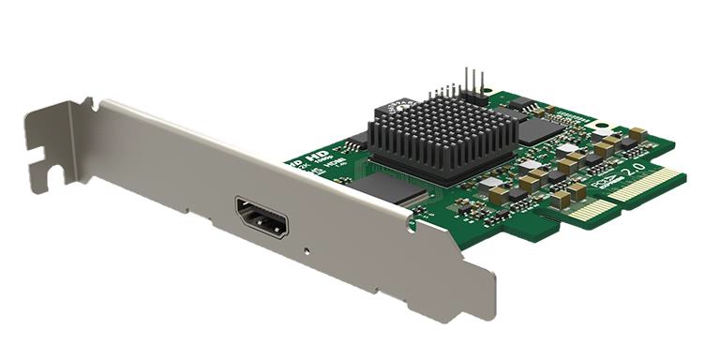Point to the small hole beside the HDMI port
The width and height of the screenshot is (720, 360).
(x=307, y=250)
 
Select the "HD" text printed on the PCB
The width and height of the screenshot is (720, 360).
(x=317, y=157)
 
